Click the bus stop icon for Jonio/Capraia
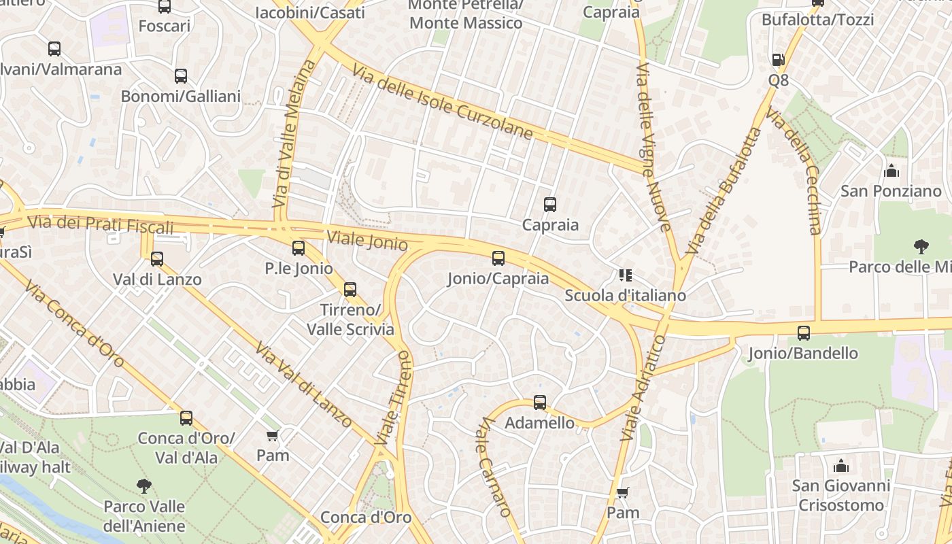(x=498, y=258)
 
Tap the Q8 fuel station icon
(x=778, y=60)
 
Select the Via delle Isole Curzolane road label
(x=442, y=102)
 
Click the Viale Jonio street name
(x=367, y=241)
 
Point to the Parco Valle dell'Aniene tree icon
(x=143, y=486)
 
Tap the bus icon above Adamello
(x=540, y=403)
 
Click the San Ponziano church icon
(x=891, y=171)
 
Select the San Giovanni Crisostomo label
(x=841, y=496)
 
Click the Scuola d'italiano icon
(x=626, y=275)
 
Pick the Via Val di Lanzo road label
(x=304, y=385)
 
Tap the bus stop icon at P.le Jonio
(x=299, y=248)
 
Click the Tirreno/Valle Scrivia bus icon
(x=350, y=290)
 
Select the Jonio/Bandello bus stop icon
(x=804, y=333)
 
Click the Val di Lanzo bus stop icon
(x=157, y=259)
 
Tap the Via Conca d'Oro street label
(x=74, y=324)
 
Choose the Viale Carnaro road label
(x=495, y=466)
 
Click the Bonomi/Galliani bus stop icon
(x=181, y=76)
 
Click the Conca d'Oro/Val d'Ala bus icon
(x=186, y=418)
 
